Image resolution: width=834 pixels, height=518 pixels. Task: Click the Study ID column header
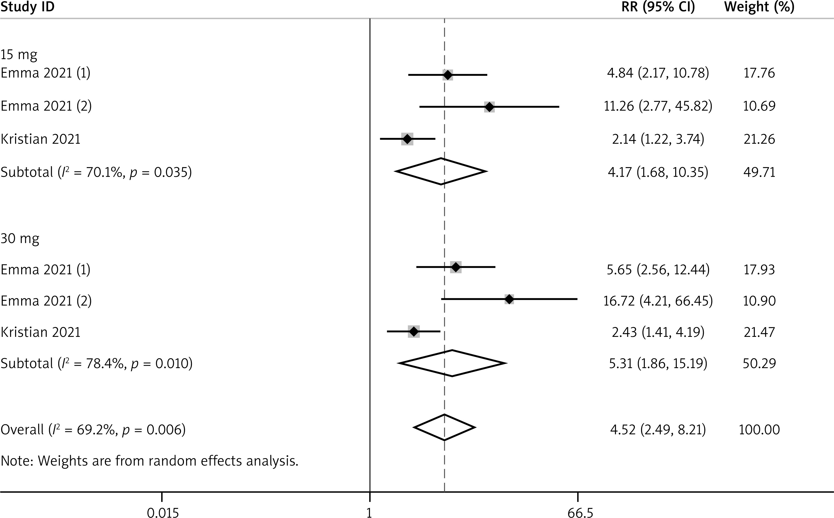(27, 7)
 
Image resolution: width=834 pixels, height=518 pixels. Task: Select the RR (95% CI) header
(658, 7)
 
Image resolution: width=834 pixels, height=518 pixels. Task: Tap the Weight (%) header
(759, 7)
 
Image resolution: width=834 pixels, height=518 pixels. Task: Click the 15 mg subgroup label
(19, 55)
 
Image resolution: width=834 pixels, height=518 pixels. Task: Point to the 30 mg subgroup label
(20, 238)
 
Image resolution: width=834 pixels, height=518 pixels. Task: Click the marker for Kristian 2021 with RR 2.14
(407, 139)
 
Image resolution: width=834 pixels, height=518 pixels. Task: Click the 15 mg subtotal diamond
(441, 171)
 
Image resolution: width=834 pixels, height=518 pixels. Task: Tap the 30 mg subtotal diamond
(452, 363)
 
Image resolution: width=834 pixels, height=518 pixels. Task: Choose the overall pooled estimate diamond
(444, 427)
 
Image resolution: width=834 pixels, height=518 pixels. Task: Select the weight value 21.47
(759, 332)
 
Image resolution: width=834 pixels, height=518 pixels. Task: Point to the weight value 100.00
(759, 430)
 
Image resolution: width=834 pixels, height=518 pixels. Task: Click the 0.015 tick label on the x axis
(163, 513)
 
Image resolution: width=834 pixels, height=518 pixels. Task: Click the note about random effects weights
(149, 461)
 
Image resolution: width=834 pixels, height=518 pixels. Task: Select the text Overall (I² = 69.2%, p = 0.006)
(93, 430)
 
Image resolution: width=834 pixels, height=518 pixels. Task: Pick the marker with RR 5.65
(456, 267)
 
